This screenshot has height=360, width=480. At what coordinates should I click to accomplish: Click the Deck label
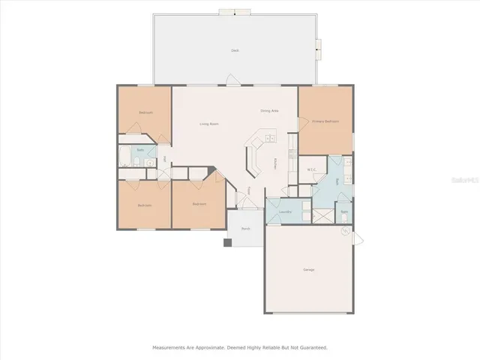[x=235, y=50]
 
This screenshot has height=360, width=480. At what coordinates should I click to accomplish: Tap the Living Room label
[x=208, y=124]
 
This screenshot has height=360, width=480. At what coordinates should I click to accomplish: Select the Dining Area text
[x=269, y=111]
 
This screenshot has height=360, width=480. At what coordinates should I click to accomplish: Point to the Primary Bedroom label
[x=325, y=121]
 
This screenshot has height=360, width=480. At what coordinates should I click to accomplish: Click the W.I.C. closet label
[x=313, y=169]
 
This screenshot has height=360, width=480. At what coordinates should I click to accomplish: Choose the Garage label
[x=308, y=269]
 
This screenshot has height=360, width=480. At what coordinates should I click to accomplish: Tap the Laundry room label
[x=284, y=212]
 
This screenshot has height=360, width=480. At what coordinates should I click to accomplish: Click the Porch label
[x=244, y=228]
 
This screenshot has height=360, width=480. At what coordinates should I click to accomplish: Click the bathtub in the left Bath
[x=124, y=158]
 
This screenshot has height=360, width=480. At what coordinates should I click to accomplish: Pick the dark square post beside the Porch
[x=227, y=242]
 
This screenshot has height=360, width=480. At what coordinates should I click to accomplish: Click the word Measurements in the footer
[x=169, y=347]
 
